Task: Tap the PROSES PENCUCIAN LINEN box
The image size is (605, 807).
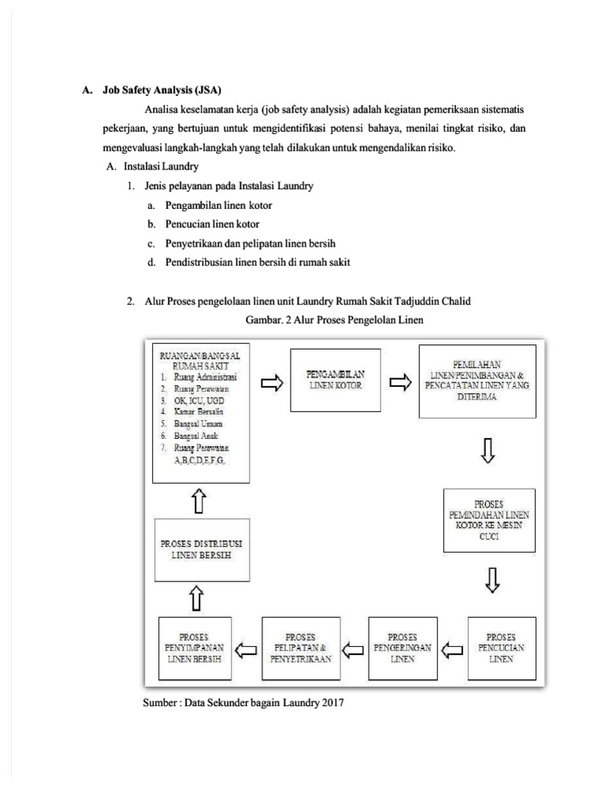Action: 500,647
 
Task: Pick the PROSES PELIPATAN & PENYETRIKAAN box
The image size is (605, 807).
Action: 301,647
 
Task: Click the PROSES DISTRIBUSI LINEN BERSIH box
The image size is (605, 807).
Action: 200,549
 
